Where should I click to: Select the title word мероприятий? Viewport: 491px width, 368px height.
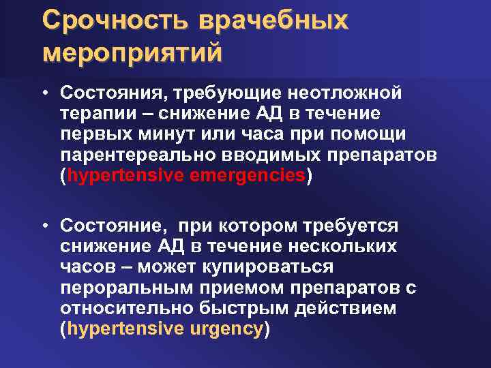pyautogui.click(x=132, y=52)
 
